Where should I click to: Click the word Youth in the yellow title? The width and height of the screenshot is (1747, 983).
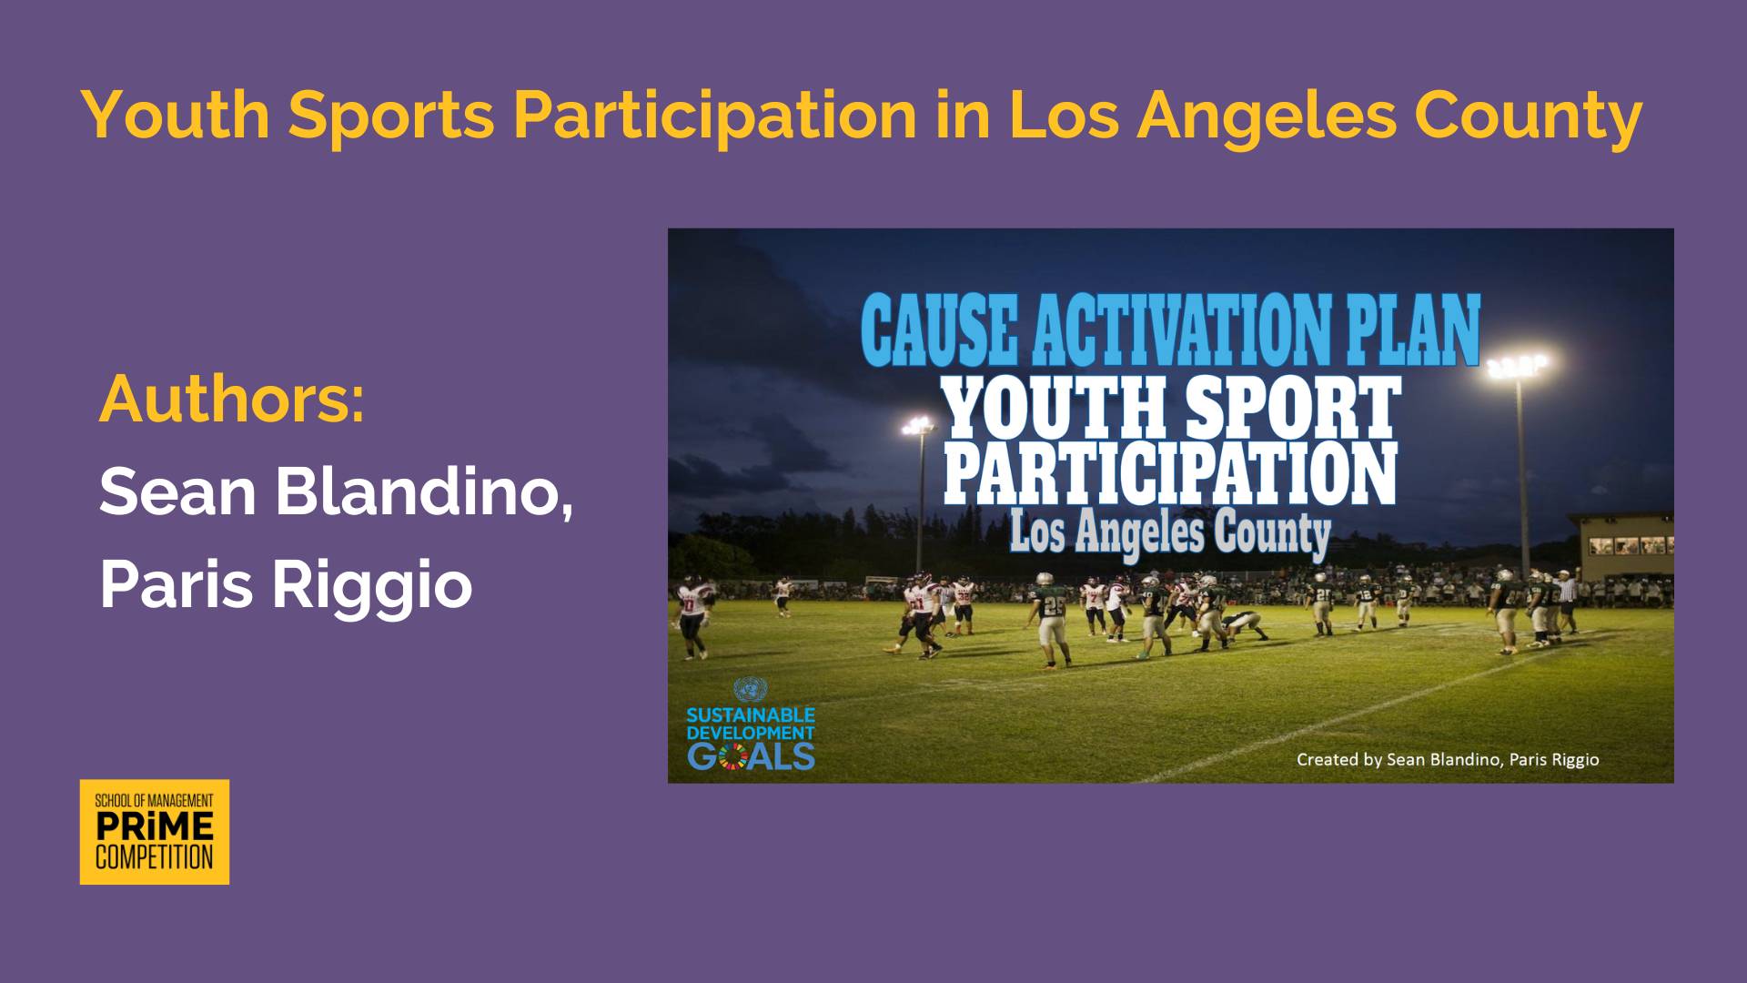(176, 115)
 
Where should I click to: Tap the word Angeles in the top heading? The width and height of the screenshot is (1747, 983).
(1266, 117)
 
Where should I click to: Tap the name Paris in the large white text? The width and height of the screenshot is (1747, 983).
(176, 584)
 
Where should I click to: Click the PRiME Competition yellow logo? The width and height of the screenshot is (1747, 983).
(155, 832)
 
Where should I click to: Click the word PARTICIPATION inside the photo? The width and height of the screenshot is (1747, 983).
(1170, 472)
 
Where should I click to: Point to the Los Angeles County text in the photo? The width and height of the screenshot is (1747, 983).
(1170, 534)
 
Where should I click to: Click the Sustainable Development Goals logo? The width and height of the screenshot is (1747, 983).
(751, 725)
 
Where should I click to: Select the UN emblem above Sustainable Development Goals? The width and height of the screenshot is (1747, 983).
(751, 689)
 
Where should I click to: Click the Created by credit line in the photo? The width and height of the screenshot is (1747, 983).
(1448, 759)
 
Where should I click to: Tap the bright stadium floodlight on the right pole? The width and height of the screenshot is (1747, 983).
(1517, 367)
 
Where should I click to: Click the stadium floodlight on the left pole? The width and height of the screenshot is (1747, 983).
(918, 426)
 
